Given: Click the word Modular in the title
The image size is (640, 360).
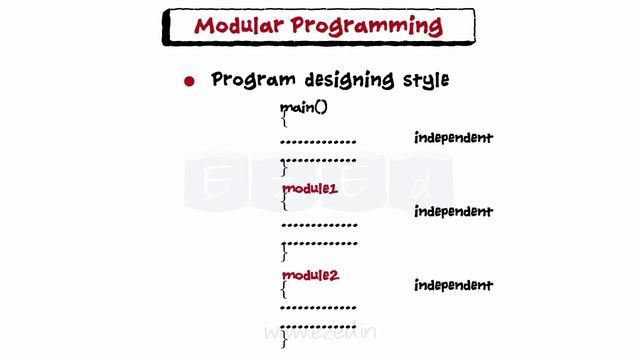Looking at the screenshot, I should (x=239, y=26).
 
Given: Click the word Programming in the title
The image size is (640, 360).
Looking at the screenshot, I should (x=367, y=27).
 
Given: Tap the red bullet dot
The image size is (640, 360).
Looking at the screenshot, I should (x=189, y=83).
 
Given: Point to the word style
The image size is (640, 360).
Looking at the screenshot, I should (x=423, y=81).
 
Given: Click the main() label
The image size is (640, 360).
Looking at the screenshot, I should (x=304, y=107).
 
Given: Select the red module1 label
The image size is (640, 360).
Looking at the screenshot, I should (x=310, y=187).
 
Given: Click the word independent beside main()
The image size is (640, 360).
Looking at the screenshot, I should (x=453, y=138).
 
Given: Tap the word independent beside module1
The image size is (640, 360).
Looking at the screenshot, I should (x=453, y=212).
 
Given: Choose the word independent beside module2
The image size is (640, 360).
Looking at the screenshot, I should (x=453, y=286).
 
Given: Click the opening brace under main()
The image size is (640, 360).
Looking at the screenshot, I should (x=285, y=121).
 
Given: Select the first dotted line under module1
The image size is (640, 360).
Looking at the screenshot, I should (x=319, y=224).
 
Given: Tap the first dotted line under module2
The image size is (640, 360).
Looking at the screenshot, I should (x=319, y=308).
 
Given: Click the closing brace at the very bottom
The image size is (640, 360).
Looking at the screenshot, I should (x=285, y=340).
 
